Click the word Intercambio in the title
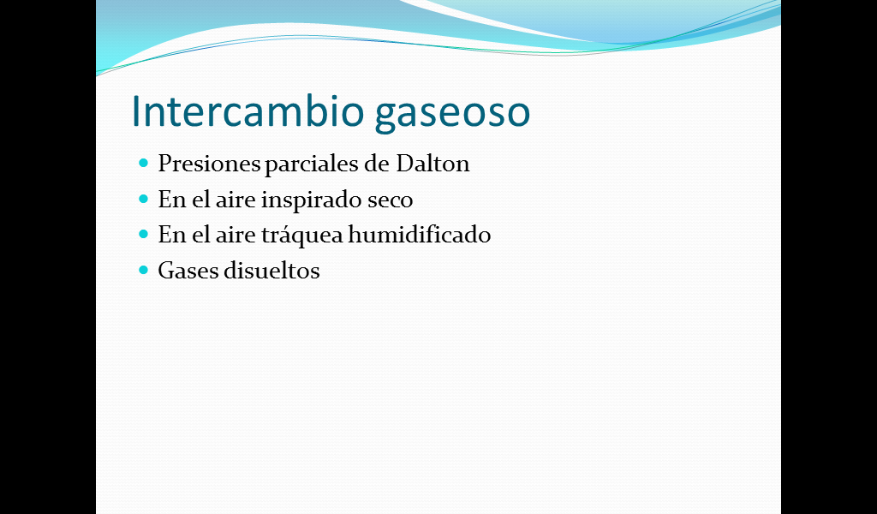(x=248, y=111)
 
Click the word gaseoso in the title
(x=452, y=115)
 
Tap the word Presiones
(x=209, y=164)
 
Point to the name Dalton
(x=433, y=164)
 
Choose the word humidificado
(x=420, y=234)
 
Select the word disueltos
(x=271, y=271)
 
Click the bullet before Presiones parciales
(x=144, y=164)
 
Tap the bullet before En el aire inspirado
(x=144, y=199)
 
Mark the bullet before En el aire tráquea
(x=144, y=234)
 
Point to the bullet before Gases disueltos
(x=144, y=270)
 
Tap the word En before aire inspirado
(x=171, y=200)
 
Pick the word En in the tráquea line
(x=171, y=235)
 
